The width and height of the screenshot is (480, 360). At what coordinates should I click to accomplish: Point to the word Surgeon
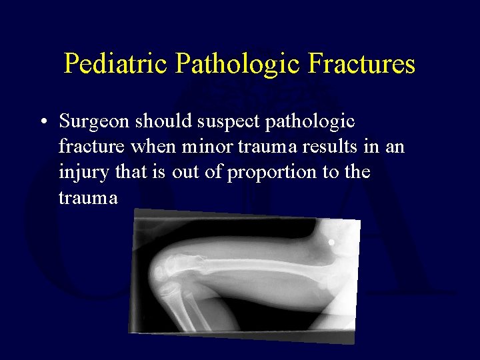pyautogui.click(x=95, y=121)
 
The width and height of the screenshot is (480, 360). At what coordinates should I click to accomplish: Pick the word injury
pyautogui.click(x=79, y=172)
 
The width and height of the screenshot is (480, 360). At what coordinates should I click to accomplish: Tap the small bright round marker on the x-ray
pyautogui.click(x=331, y=242)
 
